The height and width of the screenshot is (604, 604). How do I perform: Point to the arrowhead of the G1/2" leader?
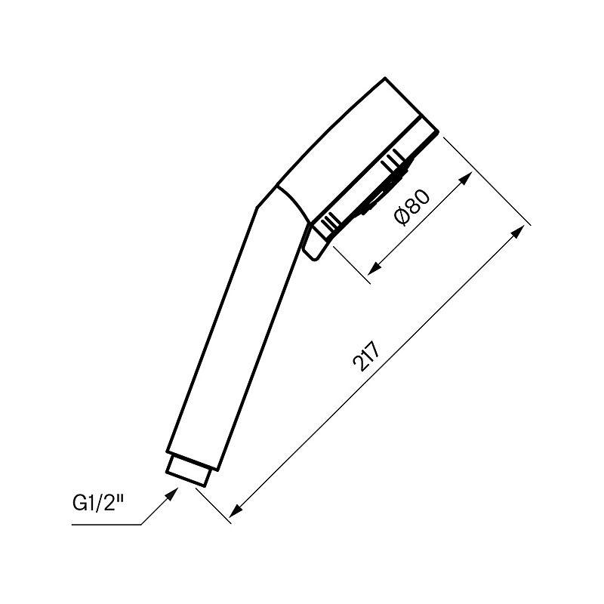coord(177,491)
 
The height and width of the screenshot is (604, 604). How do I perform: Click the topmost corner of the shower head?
coord(386,78)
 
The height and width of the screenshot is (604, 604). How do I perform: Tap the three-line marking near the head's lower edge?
coord(330,223)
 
